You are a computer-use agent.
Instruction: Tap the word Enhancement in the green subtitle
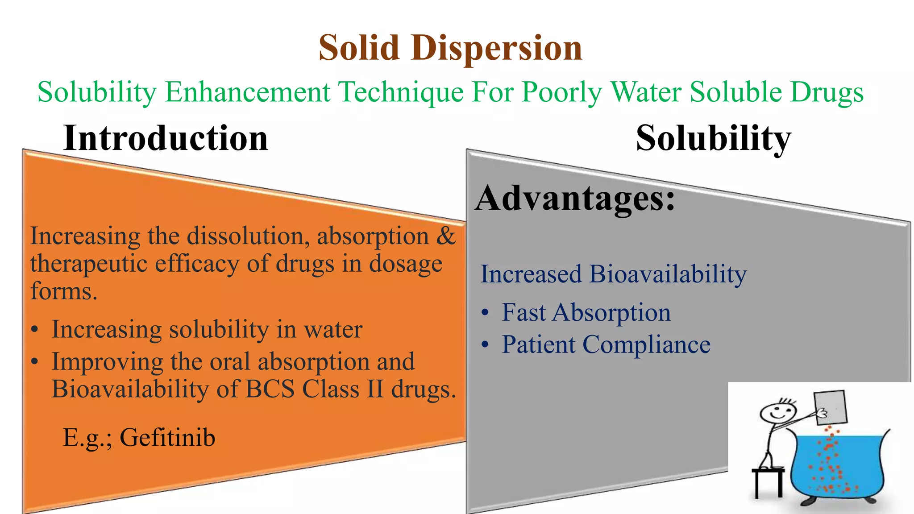(x=248, y=92)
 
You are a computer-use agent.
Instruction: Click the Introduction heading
(x=166, y=138)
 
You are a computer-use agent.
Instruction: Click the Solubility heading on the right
(x=713, y=138)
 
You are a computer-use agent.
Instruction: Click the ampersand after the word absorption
(x=446, y=236)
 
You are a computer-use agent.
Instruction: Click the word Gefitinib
(x=167, y=438)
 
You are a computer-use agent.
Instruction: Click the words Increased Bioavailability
(x=613, y=274)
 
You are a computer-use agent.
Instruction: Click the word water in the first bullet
(x=333, y=330)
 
